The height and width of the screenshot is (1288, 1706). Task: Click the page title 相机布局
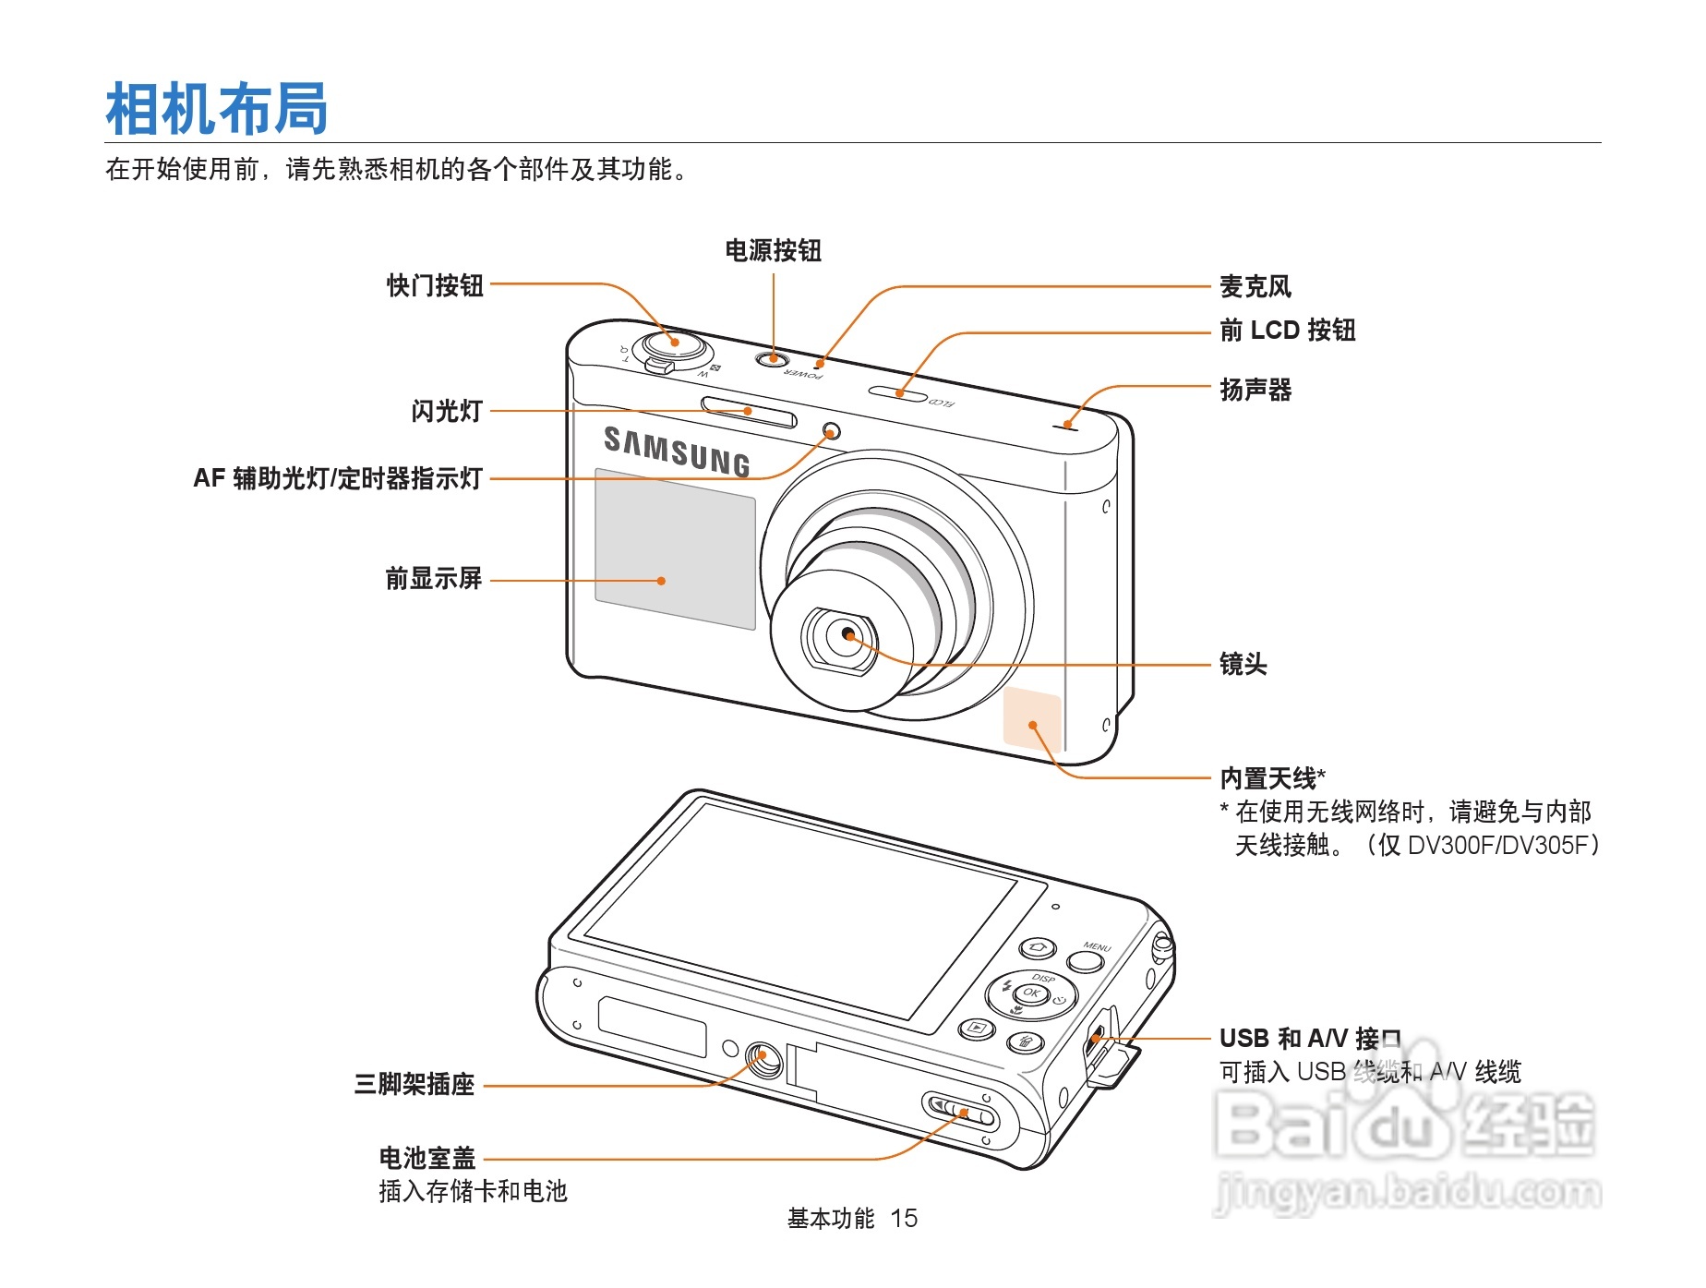pos(217,109)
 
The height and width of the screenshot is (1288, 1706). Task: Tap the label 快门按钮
pos(435,285)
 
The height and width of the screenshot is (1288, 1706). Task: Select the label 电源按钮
pos(773,250)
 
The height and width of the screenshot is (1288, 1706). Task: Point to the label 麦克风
pos(1255,286)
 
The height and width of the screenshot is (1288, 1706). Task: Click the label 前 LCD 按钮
pos(1287,330)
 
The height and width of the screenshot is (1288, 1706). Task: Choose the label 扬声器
pos(1255,390)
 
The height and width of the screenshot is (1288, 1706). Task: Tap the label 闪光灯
pos(447,411)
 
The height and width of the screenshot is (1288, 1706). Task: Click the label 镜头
pos(1243,664)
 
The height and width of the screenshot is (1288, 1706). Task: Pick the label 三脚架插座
pos(414,1084)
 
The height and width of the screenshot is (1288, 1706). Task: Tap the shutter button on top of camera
pos(675,343)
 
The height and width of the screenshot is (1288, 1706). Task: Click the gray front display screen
pos(675,549)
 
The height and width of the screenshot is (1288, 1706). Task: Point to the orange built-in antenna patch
pos(1032,717)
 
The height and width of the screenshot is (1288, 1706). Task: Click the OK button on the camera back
pos(1031,993)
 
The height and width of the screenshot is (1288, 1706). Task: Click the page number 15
pos(904,1219)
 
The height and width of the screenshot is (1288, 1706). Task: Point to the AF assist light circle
pos(831,431)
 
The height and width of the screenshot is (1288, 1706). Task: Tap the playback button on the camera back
pos(977,1028)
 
